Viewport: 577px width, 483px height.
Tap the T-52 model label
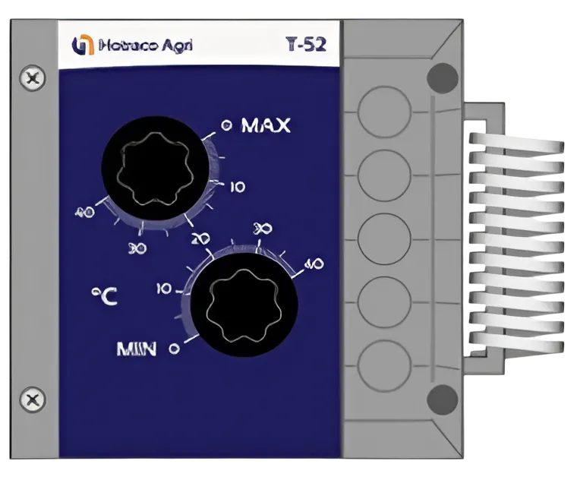306,45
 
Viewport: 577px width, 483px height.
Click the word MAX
266,125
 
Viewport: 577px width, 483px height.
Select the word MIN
137,349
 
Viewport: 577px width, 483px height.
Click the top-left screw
31,77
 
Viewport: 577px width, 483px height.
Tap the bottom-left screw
31,399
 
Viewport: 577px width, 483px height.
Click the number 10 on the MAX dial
237,187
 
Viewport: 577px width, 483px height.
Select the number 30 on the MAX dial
137,247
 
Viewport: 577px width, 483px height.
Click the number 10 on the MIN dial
162,289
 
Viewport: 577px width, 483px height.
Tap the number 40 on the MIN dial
313,264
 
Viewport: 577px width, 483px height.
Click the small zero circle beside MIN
174,349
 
